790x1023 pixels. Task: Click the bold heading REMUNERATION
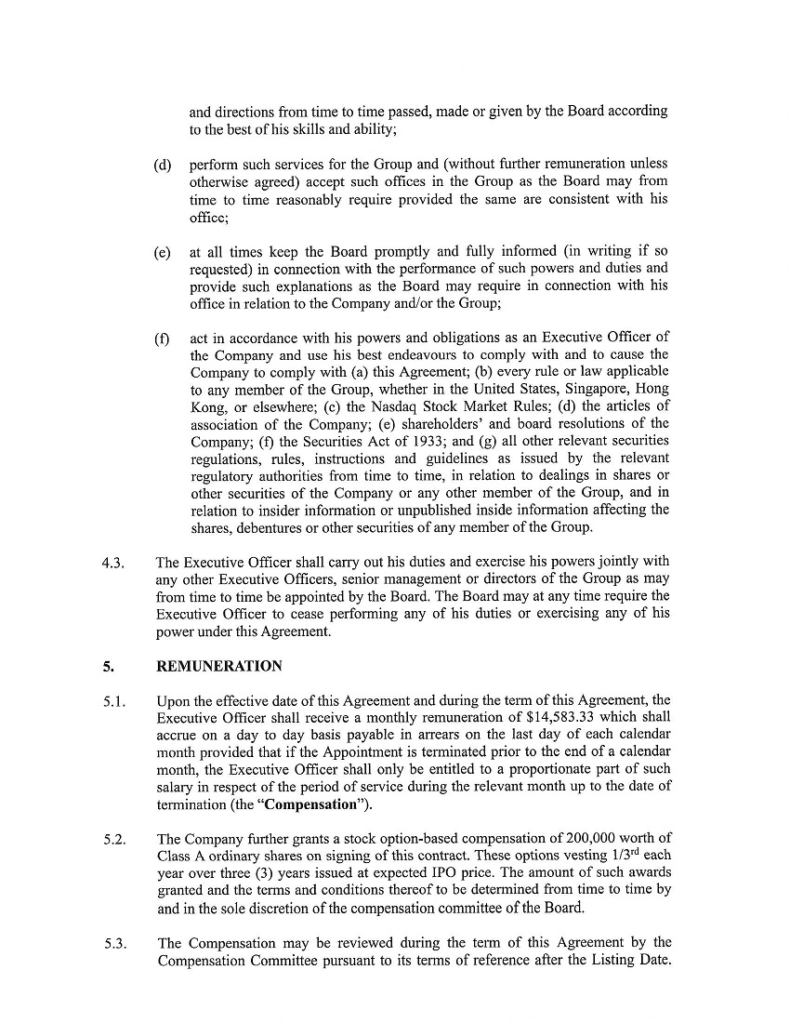point(219,666)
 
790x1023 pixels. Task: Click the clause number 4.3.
point(112,562)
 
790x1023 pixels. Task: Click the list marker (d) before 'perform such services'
point(163,166)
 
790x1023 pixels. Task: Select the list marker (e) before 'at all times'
point(163,252)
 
